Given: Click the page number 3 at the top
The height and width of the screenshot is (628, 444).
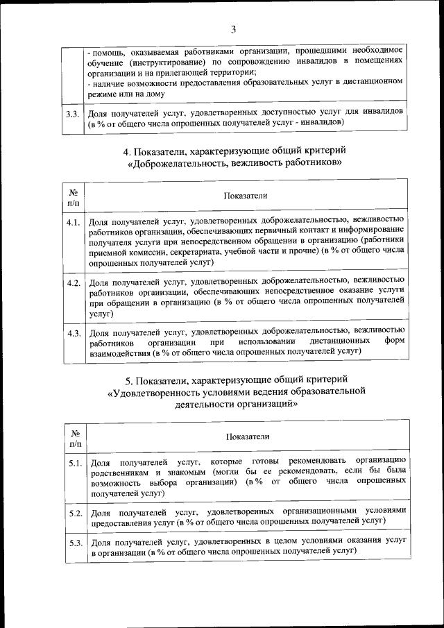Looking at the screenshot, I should (233, 29).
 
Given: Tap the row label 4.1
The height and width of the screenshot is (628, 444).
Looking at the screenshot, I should (74, 223).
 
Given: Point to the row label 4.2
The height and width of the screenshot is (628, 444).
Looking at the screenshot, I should (74, 284).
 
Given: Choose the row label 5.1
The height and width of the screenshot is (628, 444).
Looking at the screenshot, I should (76, 463).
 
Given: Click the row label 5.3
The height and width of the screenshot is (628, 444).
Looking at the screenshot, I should (76, 543).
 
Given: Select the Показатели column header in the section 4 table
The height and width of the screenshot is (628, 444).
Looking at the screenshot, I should (246, 196).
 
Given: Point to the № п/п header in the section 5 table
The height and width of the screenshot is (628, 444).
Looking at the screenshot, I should (75, 436).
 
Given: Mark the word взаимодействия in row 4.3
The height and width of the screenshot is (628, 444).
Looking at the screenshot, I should (121, 353).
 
